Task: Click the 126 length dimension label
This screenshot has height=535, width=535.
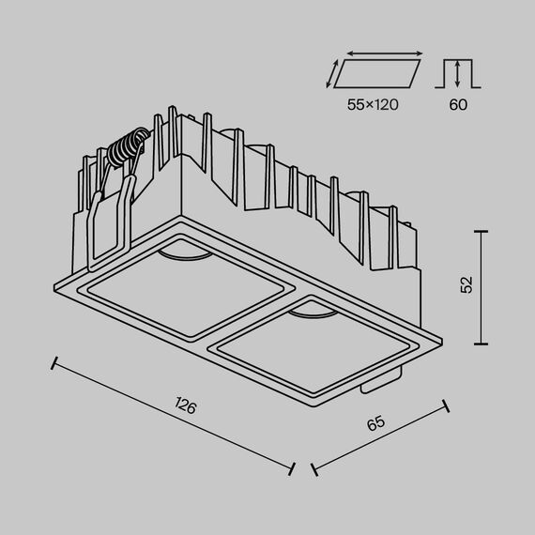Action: (186, 406)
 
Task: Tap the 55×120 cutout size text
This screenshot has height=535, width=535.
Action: (372, 105)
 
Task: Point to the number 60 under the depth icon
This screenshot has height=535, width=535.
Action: (457, 105)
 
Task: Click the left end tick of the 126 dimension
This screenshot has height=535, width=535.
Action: (55, 362)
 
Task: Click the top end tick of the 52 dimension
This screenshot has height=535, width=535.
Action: (481, 231)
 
